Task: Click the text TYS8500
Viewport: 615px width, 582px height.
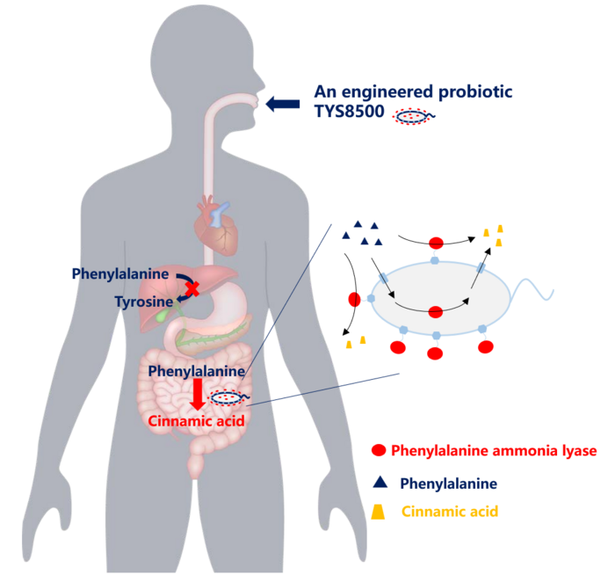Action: click(351, 114)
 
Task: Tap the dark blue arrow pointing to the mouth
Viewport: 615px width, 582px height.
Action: click(283, 104)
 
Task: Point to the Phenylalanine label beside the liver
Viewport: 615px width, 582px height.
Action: click(119, 274)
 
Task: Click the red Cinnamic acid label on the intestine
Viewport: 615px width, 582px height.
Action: click(194, 420)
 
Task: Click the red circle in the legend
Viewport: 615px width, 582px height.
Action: click(379, 451)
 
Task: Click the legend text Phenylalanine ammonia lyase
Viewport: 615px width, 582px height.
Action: click(494, 451)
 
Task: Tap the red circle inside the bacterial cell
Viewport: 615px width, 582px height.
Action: click(435, 311)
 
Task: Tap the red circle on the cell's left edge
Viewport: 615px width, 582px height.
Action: click(355, 300)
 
